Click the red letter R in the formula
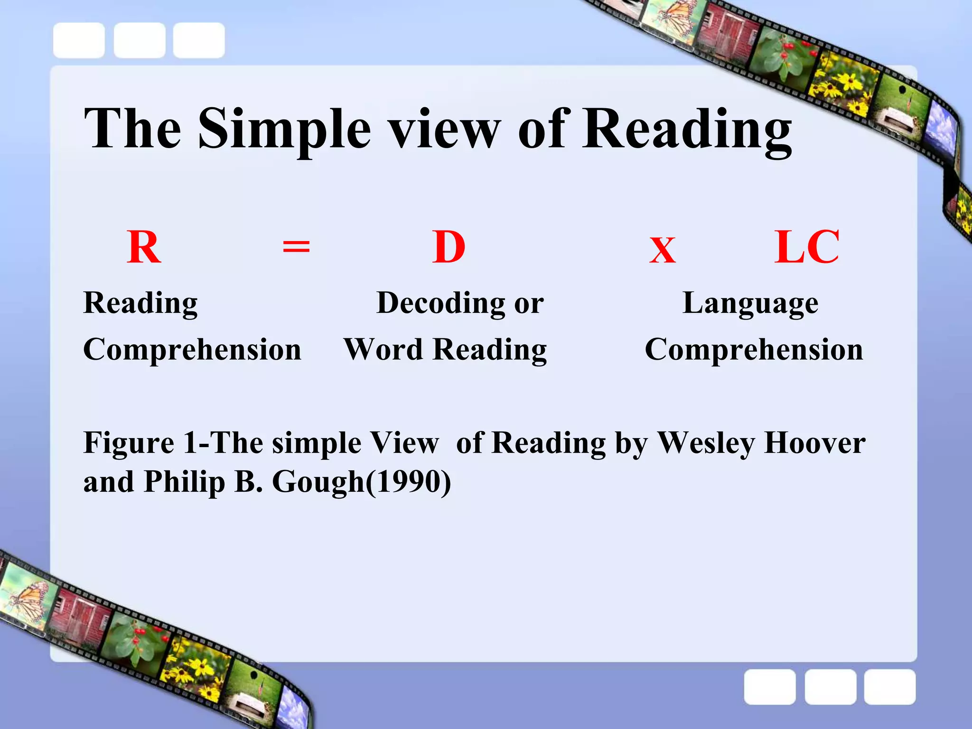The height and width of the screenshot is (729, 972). coord(144,248)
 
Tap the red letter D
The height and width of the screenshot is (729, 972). coord(449,248)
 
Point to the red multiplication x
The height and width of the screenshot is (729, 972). coord(663,250)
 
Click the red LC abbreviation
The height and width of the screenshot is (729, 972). coord(807,248)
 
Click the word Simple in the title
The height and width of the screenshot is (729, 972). coord(284,129)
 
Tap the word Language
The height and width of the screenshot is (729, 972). coord(750,304)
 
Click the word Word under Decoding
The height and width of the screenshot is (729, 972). coord(383,350)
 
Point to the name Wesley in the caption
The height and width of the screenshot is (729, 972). coord(706,444)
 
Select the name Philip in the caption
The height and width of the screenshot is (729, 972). coord(184,483)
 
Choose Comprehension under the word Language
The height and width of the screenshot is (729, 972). coord(754,350)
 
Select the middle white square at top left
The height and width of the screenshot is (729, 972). coord(140,40)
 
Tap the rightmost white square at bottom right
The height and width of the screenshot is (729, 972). coord(889,687)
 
